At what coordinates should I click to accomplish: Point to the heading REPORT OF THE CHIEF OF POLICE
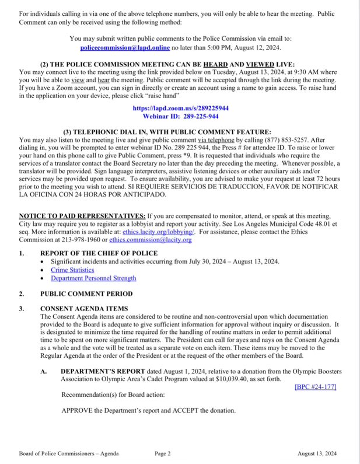pyautogui.click(x=99, y=253)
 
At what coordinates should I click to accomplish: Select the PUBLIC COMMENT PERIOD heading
pyautogui.click(x=86, y=294)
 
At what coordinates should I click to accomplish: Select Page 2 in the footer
pyautogui.click(x=163, y=453)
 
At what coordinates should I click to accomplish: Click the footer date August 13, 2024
pyautogui.click(x=317, y=453)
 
